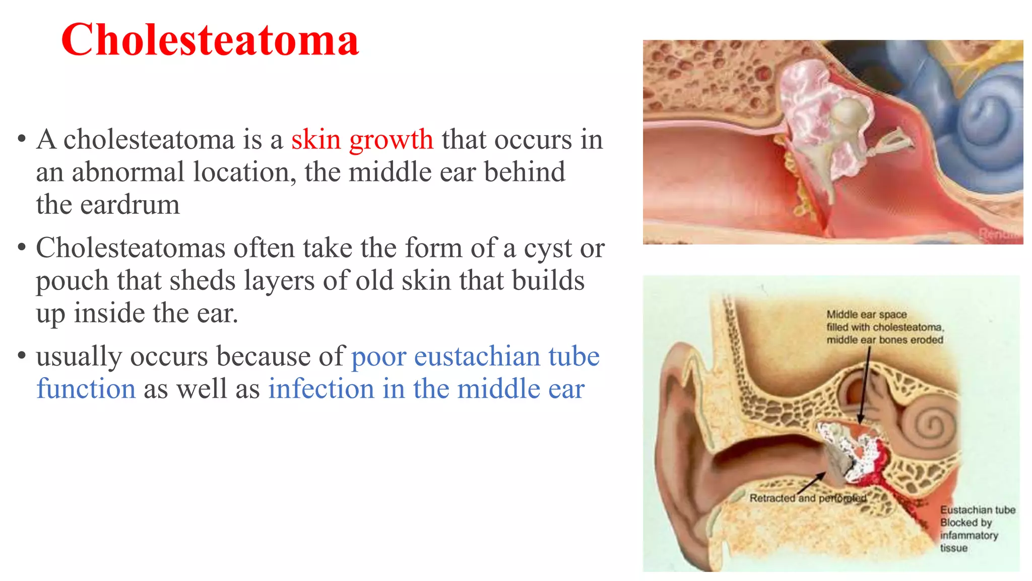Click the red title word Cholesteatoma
click(x=210, y=40)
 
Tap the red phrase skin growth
click(x=362, y=140)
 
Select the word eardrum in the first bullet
click(x=130, y=205)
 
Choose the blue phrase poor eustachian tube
click(x=475, y=357)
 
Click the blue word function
click(x=86, y=389)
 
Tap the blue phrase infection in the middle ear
click(x=426, y=389)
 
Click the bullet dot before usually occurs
click(x=21, y=356)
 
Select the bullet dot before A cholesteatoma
click(x=21, y=139)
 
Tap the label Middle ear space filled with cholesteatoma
click(x=884, y=327)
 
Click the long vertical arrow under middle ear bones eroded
click(x=865, y=383)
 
